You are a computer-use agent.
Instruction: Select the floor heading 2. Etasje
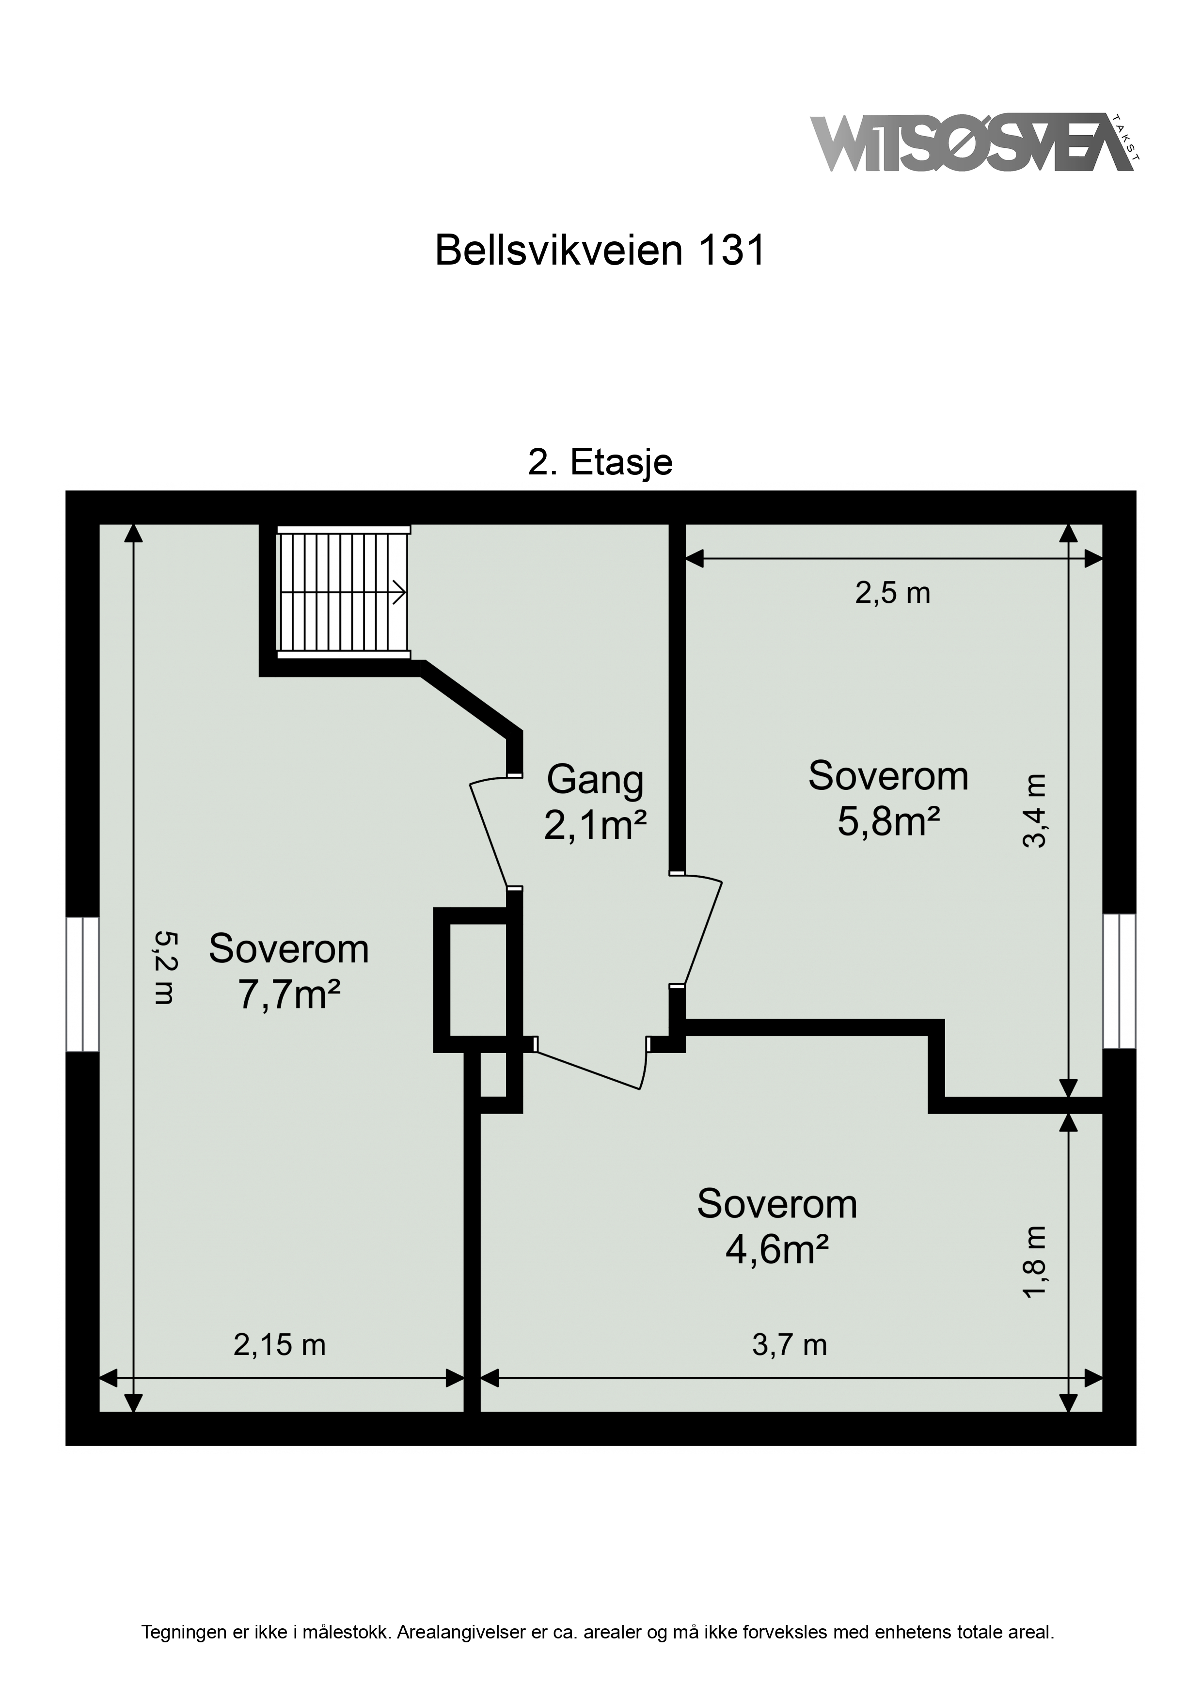tap(600, 463)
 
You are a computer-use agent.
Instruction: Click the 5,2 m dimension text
tap(164, 967)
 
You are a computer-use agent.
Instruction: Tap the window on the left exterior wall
tap(82, 984)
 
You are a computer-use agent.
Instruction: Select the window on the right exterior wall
tap(1119, 981)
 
